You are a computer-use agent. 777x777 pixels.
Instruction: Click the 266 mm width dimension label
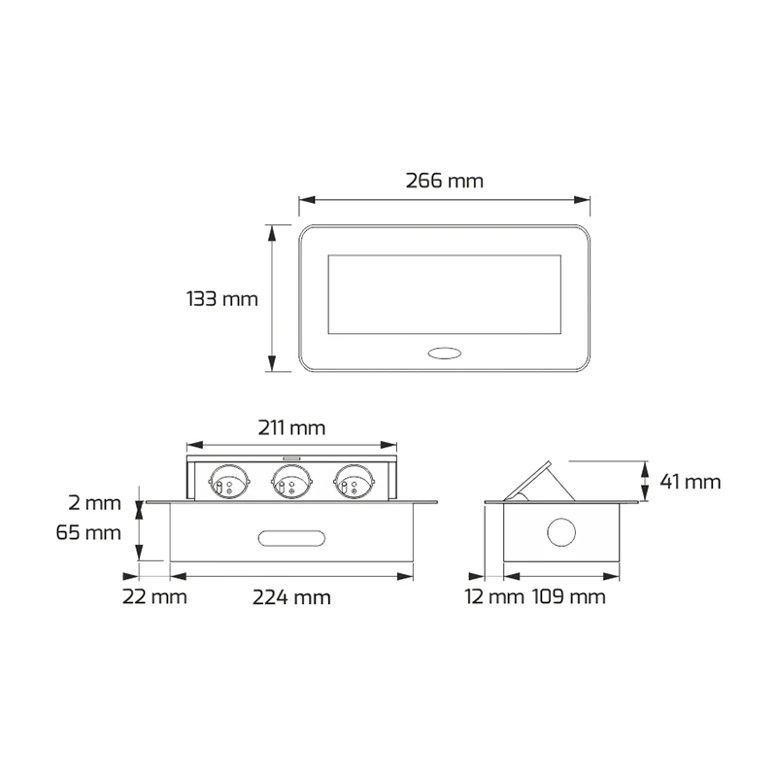tap(445, 181)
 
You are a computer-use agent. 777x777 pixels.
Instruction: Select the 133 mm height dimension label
tap(222, 299)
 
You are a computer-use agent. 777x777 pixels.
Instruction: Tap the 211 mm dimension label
tap(291, 427)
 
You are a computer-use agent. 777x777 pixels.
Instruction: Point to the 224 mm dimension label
tap(291, 597)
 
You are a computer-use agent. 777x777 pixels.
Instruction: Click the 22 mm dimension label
tap(154, 596)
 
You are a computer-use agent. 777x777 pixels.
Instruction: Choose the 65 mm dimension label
tap(88, 532)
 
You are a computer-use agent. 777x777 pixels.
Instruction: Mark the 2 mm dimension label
tap(94, 503)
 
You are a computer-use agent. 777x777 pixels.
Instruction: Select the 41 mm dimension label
tap(691, 482)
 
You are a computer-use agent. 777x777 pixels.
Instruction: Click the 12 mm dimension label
tap(494, 596)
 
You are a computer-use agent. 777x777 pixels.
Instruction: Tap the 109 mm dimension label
tap(569, 596)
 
